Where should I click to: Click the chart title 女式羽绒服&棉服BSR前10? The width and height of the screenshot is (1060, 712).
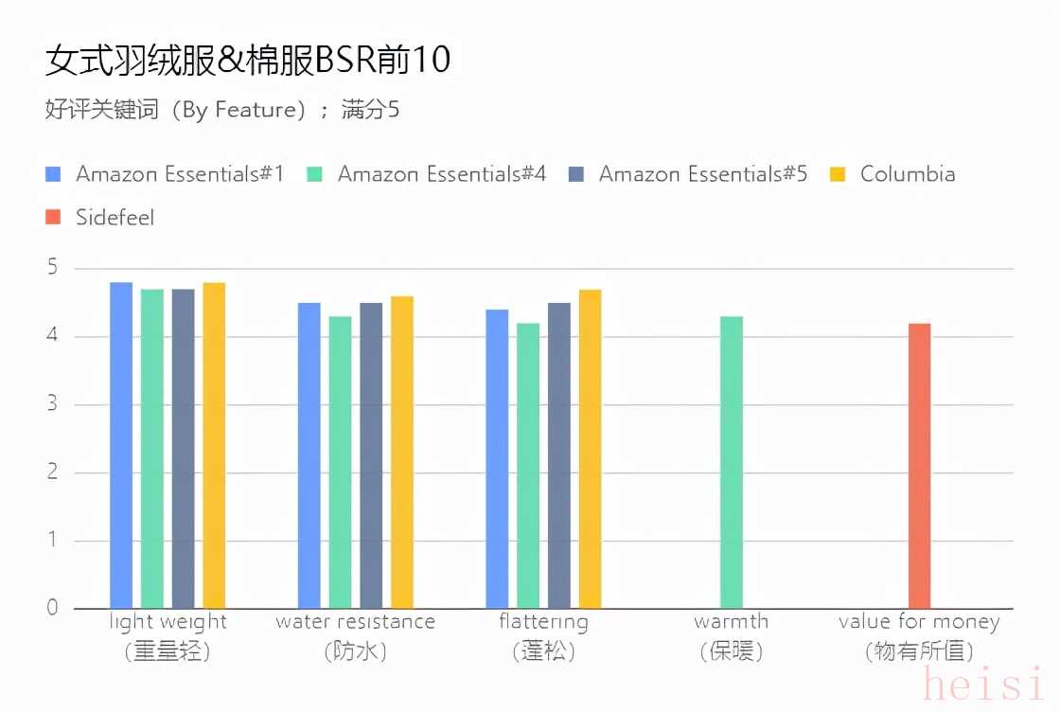click(x=248, y=61)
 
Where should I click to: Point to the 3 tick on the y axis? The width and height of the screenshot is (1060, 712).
click(x=52, y=404)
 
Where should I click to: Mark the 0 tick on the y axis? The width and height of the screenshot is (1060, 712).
click(x=52, y=608)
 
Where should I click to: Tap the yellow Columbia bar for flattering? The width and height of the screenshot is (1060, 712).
click(x=590, y=449)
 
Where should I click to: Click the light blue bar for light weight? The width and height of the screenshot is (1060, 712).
click(x=121, y=445)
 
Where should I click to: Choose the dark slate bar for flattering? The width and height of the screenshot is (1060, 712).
click(x=558, y=455)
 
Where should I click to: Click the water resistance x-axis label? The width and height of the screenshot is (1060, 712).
click(x=355, y=622)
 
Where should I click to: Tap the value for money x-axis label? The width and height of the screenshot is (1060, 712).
click(x=918, y=622)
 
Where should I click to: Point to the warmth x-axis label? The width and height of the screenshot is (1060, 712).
click(x=731, y=622)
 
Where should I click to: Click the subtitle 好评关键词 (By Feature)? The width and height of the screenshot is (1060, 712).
click(x=222, y=110)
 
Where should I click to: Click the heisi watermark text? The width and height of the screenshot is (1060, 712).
click(x=984, y=684)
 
